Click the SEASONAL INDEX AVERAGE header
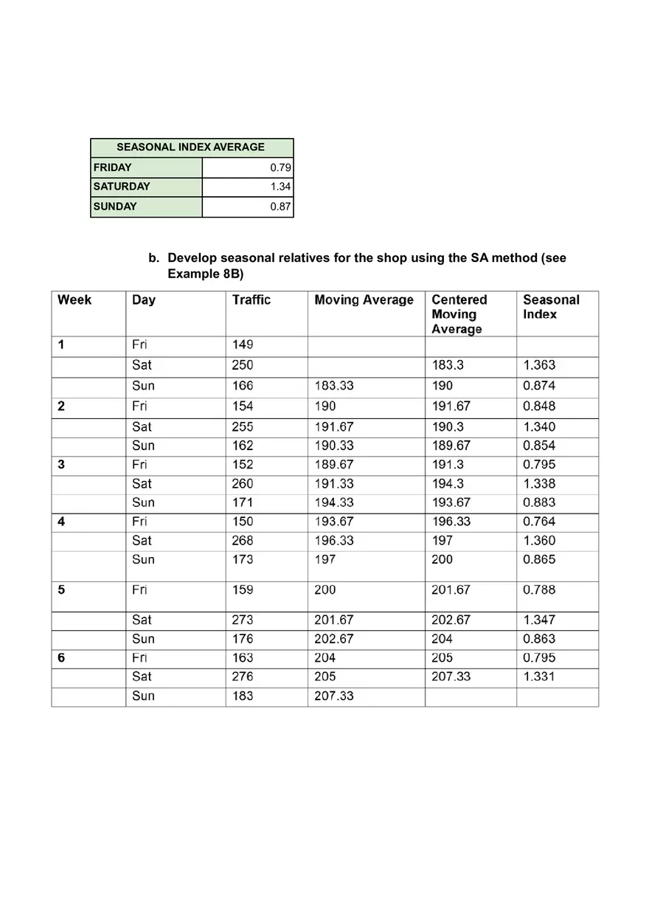190,147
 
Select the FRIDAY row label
113,167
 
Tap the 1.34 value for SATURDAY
280,187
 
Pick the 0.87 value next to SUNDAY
280,207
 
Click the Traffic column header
251,300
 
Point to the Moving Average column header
364,300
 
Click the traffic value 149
242,345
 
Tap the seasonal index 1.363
538,365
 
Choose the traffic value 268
242,541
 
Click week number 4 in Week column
61,522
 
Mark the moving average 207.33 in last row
333,696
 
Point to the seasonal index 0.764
538,522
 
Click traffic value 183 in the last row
242,696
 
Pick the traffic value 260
242,484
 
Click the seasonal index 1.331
538,677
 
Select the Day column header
144,300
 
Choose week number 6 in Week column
61,658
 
